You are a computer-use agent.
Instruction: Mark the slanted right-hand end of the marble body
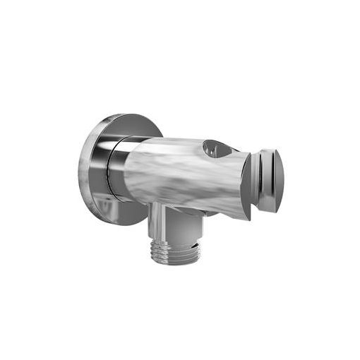point(244,187)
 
